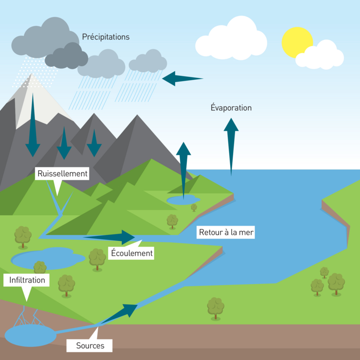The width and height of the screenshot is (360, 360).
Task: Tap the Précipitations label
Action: pyautogui.click(x=106, y=37)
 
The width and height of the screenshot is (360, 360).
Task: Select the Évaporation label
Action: pyautogui.click(x=231, y=108)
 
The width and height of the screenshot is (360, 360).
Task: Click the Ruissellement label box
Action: pyautogui.click(x=62, y=174)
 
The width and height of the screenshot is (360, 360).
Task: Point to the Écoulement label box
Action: pyautogui.click(x=131, y=253)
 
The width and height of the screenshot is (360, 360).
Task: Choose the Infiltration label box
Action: pyautogui.click(x=27, y=280)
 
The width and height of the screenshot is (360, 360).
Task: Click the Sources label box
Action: pyautogui.click(x=90, y=345)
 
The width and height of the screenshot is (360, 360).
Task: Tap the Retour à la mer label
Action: pyautogui.click(x=226, y=233)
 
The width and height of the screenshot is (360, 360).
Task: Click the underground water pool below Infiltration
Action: pyautogui.click(x=30, y=335)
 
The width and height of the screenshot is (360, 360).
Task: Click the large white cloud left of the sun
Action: pyautogui.click(x=231, y=37)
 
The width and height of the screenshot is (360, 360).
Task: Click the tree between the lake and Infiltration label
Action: pyautogui.click(x=40, y=268)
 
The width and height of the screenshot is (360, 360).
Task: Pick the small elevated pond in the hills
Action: pyautogui.click(x=182, y=199)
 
